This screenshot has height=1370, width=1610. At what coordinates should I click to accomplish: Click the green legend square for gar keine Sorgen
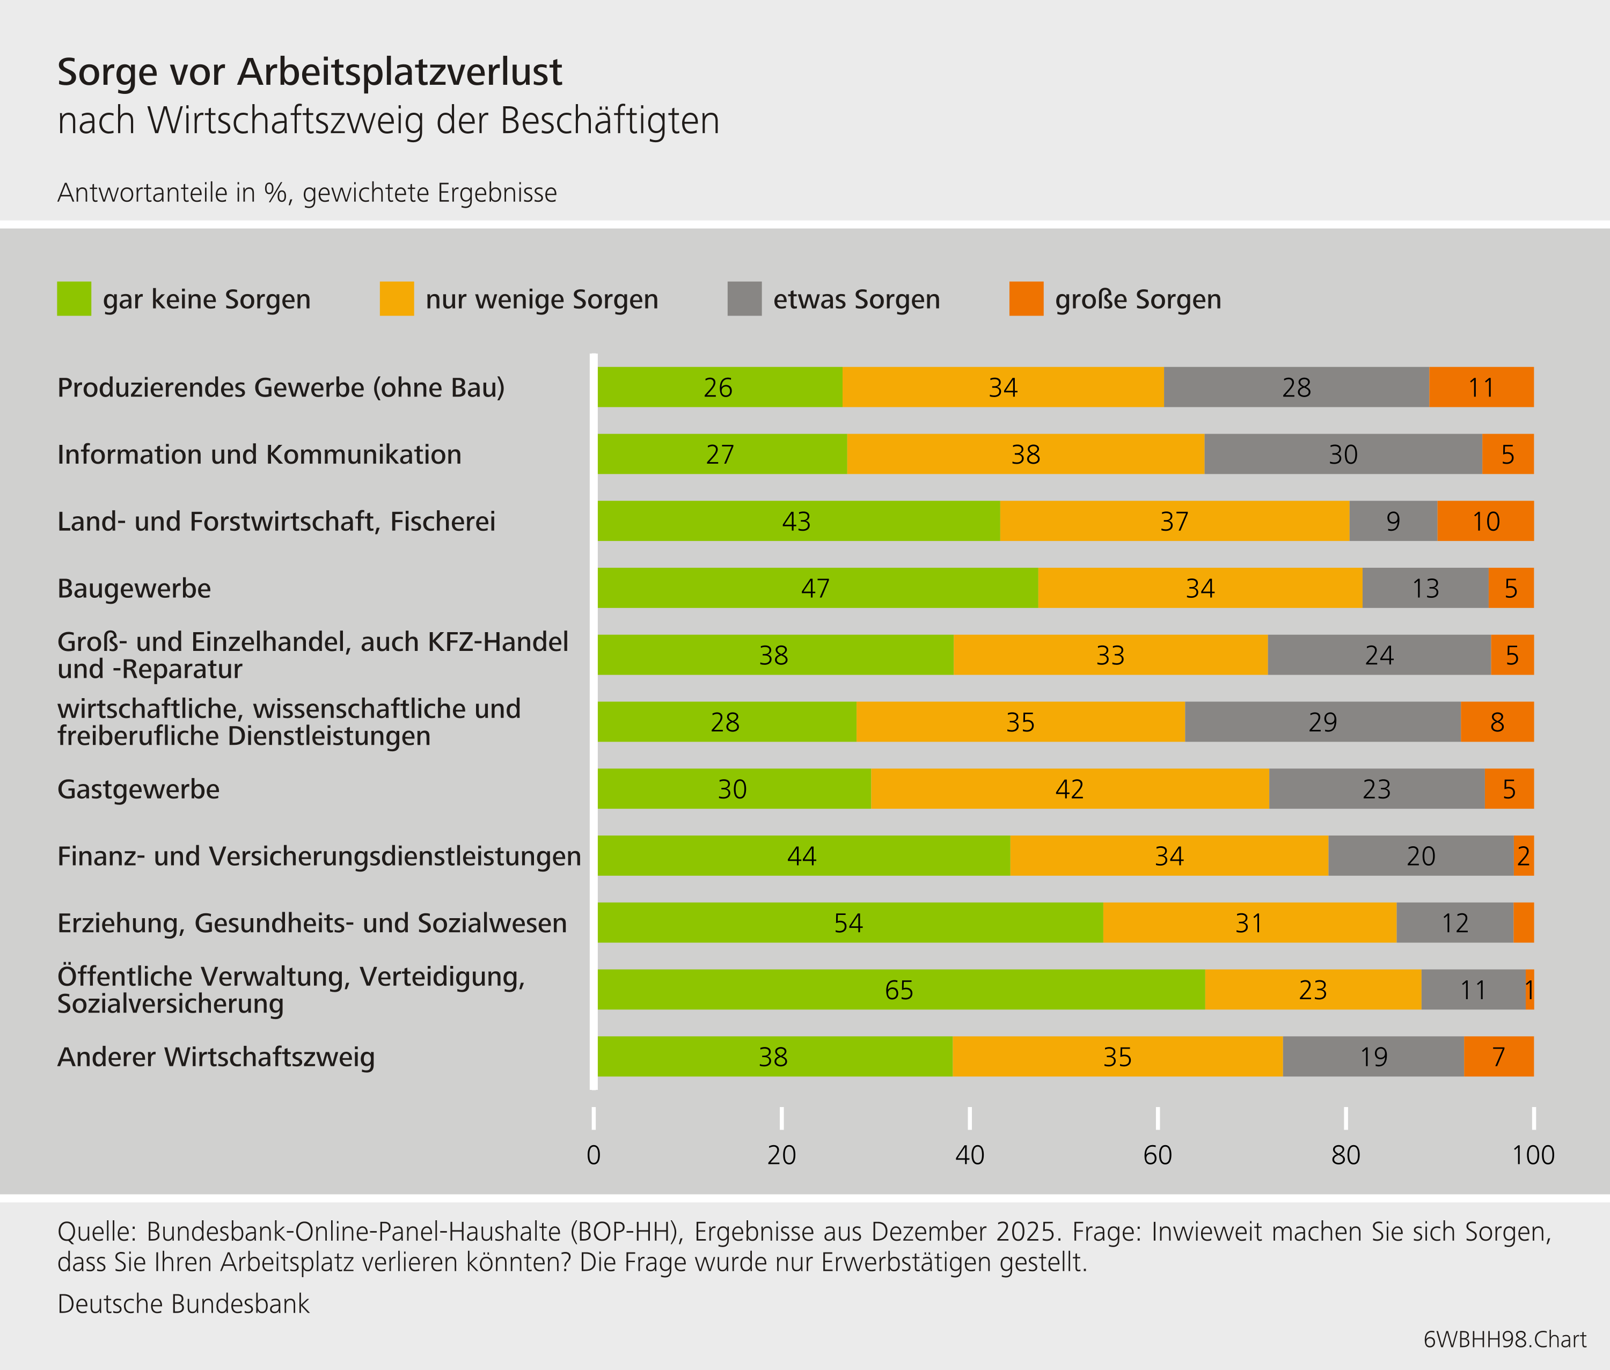(x=74, y=299)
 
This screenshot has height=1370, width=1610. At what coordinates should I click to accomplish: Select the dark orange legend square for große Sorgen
(x=1026, y=299)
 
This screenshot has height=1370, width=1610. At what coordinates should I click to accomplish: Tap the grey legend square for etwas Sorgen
(x=744, y=299)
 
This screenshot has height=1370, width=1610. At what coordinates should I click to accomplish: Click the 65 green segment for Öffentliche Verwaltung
(x=900, y=990)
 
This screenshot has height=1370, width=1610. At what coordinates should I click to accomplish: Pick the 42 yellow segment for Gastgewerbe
(x=1070, y=789)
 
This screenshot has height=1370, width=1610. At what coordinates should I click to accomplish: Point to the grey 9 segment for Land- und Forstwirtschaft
(x=1393, y=521)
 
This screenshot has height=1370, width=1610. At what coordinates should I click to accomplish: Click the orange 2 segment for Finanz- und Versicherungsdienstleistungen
(x=1523, y=856)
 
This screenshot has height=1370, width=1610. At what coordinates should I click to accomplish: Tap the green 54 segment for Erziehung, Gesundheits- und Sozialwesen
(x=849, y=922)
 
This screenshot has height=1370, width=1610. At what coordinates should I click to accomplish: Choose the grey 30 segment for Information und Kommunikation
(x=1342, y=455)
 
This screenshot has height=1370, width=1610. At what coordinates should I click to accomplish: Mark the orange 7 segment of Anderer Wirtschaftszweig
(x=1498, y=1056)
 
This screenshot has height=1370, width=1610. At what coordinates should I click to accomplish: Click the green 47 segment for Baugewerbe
(x=816, y=588)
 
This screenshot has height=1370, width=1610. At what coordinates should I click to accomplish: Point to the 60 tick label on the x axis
(x=1157, y=1155)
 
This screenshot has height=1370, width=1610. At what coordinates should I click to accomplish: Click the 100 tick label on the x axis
(x=1532, y=1155)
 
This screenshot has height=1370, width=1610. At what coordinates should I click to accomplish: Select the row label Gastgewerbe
(x=138, y=789)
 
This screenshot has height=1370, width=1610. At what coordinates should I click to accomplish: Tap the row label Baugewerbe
(x=134, y=589)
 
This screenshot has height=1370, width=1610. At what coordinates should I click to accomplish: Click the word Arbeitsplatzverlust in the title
(x=399, y=72)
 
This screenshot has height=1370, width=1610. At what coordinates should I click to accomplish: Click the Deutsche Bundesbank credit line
(x=184, y=1304)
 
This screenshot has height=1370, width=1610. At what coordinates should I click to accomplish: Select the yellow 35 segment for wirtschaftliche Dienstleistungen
(x=1020, y=722)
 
